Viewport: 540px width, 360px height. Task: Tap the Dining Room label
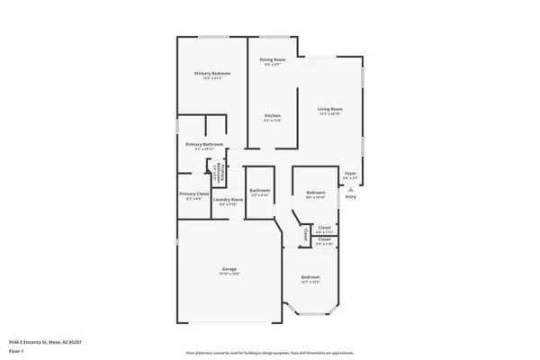(x=274, y=59)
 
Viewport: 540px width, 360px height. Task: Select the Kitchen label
(x=273, y=117)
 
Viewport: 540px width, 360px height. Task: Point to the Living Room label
(x=330, y=109)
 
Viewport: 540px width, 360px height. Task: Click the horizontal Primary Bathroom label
(x=204, y=144)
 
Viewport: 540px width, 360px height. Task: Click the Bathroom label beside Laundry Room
(x=260, y=190)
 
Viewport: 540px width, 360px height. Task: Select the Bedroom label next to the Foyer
(x=314, y=193)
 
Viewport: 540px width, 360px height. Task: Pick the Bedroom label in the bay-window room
(x=310, y=277)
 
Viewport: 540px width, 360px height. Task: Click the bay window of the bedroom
(x=310, y=311)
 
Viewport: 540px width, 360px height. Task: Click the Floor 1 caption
(x=16, y=351)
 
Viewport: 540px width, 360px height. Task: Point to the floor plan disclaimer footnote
(x=269, y=351)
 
